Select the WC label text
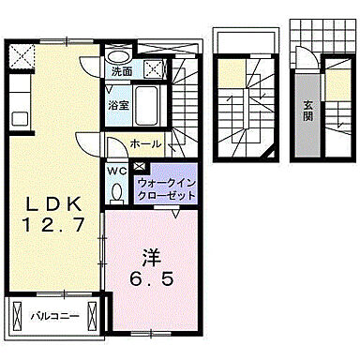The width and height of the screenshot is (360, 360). click(x=113, y=171)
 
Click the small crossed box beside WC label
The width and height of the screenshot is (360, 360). click(x=139, y=166)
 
